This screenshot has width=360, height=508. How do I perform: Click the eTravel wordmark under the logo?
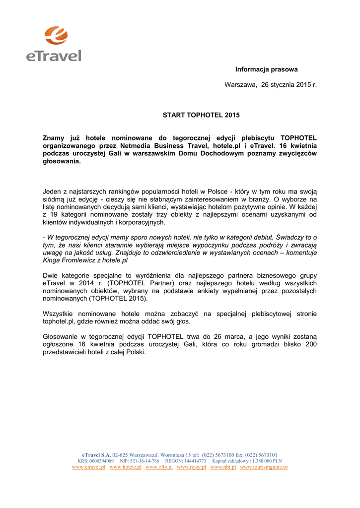click(54, 55)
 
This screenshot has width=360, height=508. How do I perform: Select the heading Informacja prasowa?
click(266, 69)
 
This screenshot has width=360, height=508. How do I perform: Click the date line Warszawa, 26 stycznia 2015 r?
click(270, 85)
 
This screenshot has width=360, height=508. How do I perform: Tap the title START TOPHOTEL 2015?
click(201, 115)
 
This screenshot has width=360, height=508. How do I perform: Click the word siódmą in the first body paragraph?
click(54, 199)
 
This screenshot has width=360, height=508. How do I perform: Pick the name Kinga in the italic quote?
click(52, 260)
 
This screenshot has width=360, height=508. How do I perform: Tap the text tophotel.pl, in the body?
click(61, 321)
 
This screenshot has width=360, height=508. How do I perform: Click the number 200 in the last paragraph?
click(311, 344)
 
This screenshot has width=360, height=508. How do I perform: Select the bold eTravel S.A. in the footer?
click(97, 454)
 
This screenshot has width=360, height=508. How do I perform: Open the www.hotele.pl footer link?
click(126, 467)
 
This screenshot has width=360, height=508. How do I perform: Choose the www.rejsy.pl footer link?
click(191, 467)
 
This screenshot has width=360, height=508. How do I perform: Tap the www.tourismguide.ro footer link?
click(264, 467)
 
